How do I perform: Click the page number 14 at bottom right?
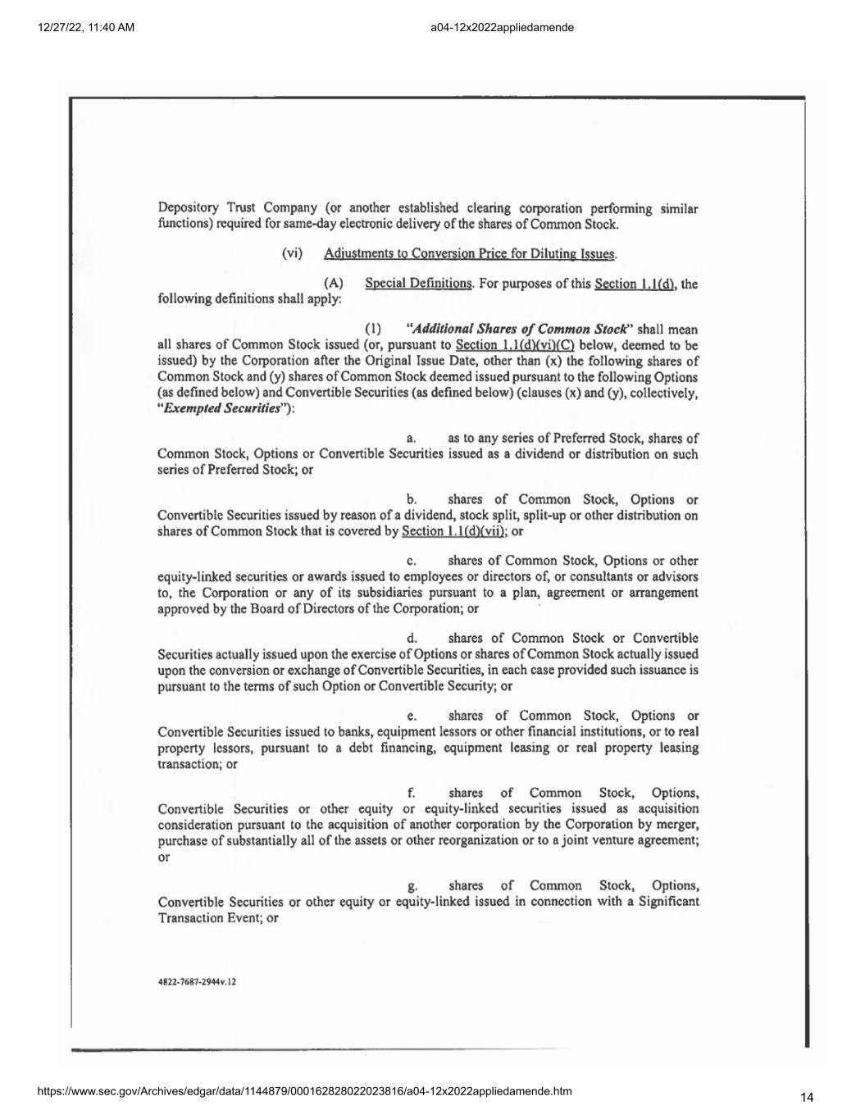coord(808,1097)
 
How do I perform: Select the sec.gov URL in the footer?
coord(304,1091)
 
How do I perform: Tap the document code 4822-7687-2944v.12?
coord(197,981)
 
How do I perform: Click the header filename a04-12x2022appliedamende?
coord(502,27)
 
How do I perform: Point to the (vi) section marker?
coord(292,253)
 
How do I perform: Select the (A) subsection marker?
coord(334,284)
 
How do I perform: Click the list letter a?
coord(411,439)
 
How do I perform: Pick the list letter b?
coord(412,500)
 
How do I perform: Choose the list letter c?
coord(411,562)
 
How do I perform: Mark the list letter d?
coord(412,639)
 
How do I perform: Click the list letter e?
coord(412,716)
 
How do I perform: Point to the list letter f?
coord(411,793)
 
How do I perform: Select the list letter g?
coord(412,886)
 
